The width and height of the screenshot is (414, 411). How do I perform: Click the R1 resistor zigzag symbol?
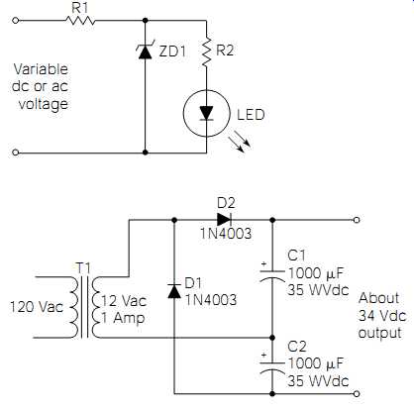pos(80,21)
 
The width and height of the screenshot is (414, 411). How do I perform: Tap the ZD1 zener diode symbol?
pos(145,51)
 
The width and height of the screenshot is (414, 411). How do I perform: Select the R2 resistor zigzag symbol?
pos(207,51)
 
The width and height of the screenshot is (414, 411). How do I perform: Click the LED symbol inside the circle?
pos(207,113)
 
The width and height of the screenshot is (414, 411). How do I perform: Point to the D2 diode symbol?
pos(224,219)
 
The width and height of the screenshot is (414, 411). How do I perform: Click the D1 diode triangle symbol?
pos(174,291)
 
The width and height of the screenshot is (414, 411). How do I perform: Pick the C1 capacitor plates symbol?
pos(272,276)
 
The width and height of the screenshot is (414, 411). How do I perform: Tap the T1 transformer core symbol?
pos(84,307)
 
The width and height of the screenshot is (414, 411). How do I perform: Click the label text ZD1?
pos(172,51)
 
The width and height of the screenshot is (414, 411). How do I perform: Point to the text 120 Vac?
pos(36,307)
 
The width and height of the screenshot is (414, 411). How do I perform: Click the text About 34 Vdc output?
pos(382,315)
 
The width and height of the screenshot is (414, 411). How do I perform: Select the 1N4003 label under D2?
pos(226,234)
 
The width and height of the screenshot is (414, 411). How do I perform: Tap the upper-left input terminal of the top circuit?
pos(15,21)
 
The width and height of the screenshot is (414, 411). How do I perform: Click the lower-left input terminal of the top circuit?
pos(15,153)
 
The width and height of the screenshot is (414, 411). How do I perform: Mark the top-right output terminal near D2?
pos(357,220)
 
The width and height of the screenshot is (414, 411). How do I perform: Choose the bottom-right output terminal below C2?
pos(357,393)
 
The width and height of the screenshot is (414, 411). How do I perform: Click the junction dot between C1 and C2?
pos(272,338)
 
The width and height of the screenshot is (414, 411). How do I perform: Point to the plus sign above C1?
pos(263,263)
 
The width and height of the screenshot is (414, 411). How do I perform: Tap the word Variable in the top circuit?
pos(41,69)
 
